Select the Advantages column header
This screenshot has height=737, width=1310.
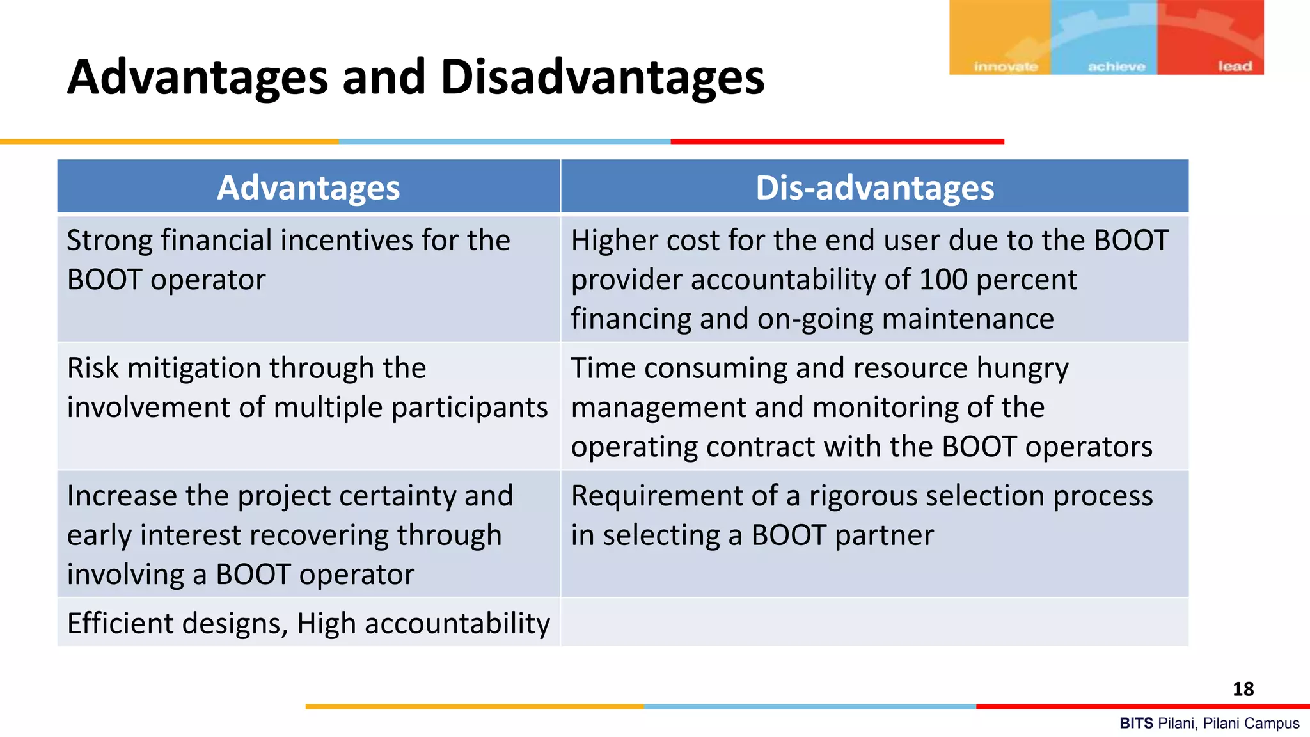[308, 187]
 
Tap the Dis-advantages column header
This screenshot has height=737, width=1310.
[874, 187]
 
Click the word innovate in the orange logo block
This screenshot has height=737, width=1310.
[1006, 67]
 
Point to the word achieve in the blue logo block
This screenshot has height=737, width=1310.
[1116, 67]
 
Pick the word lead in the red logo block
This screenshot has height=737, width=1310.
[1235, 67]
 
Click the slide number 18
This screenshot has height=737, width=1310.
[1243, 689]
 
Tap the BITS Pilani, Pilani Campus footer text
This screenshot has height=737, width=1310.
[1209, 724]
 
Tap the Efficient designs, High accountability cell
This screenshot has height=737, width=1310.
[308, 623]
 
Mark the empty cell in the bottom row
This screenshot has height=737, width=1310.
[874, 623]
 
